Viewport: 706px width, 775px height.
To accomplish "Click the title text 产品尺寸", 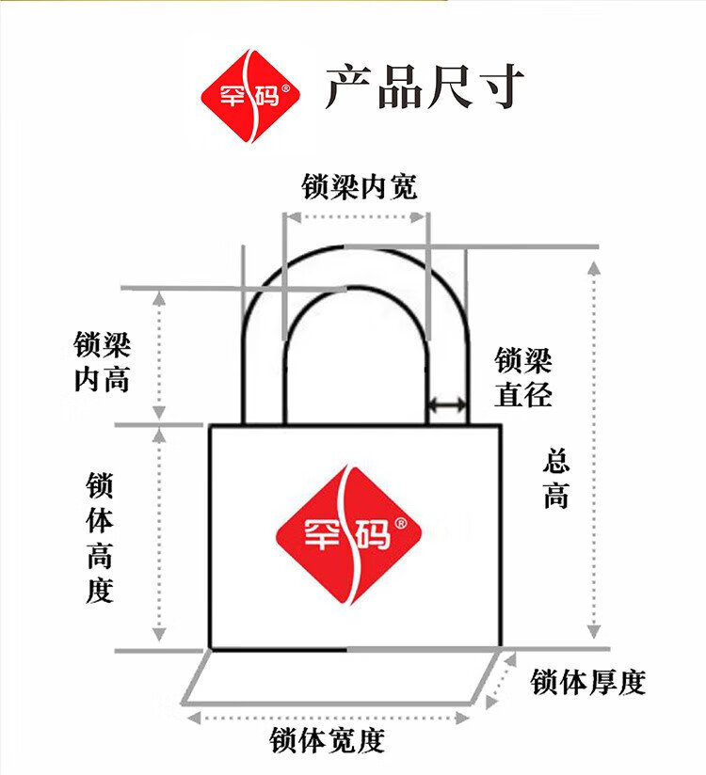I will (x=425, y=87).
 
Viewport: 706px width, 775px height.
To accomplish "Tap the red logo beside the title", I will (x=250, y=95).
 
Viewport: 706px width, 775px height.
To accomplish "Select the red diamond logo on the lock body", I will (x=346, y=535).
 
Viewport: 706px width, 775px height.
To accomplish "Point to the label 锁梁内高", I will (x=102, y=362).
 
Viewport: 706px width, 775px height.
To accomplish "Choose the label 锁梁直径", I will (x=523, y=377).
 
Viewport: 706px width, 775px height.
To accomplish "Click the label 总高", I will (x=556, y=479).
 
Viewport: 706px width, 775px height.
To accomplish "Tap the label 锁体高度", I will (x=100, y=538).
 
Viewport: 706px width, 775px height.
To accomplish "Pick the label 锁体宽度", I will (x=328, y=741).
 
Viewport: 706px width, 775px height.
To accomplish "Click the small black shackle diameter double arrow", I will (x=448, y=405).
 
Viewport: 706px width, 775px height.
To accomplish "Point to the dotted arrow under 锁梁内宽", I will (x=356, y=216).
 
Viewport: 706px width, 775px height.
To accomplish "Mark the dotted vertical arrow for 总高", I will (x=593, y=448).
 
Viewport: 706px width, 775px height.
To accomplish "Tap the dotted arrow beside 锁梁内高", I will (x=159, y=355).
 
